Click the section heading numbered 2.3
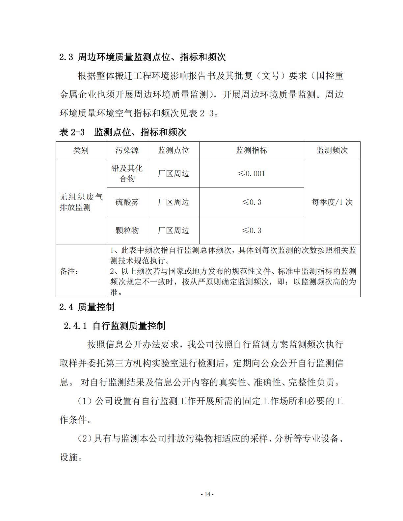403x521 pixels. click(142, 57)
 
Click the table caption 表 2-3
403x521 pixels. click(122, 132)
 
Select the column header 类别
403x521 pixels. click(81, 150)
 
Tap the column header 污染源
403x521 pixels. click(127, 150)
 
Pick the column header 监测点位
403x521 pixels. click(174, 150)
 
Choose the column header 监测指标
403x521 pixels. click(252, 150)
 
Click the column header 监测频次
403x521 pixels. click(332, 150)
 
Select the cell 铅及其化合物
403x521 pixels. click(127, 173)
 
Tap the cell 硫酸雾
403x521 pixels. click(127, 202)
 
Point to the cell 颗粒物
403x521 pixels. click(127, 230)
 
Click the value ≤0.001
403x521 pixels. click(252, 173)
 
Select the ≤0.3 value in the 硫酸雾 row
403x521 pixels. click(252, 202)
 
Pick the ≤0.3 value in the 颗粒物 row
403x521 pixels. click(252, 230)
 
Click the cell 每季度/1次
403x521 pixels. click(332, 202)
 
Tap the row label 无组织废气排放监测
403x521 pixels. click(81, 202)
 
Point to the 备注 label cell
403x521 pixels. click(69, 271)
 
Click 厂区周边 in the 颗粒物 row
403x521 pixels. click(174, 230)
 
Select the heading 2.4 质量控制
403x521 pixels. click(87, 307)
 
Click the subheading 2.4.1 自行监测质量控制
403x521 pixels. click(115, 326)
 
